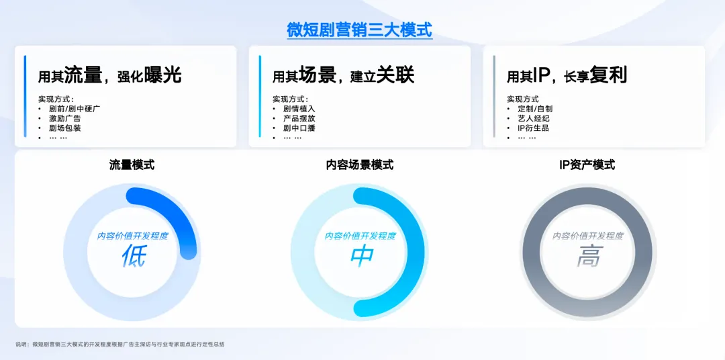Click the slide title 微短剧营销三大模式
tap(359, 30)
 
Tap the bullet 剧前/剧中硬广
tap(75, 109)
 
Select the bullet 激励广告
tap(64, 118)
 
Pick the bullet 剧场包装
tap(64, 128)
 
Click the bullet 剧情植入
tap(299, 109)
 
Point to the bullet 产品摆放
tap(299, 118)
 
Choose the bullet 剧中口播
tap(299, 128)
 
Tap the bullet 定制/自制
tap(535, 109)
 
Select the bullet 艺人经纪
tap(534, 118)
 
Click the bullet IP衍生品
tap(534, 128)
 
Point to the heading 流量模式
tap(132, 165)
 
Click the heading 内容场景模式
tap(360, 165)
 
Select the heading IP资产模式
tap(587, 165)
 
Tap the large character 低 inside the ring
tap(134, 256)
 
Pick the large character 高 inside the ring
tap(589, 256)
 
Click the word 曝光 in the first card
tap(162, 75)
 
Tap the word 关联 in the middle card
tap(395, 75)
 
